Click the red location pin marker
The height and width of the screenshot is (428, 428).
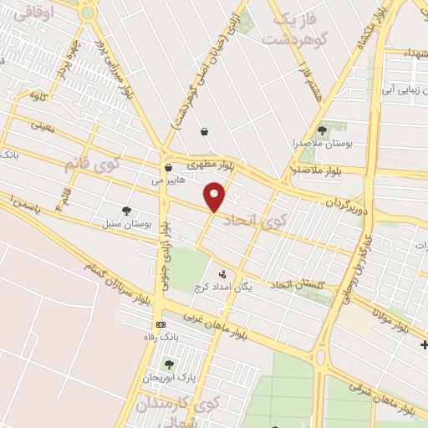coord(216,196)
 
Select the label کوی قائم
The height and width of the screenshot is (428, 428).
coord(93,164)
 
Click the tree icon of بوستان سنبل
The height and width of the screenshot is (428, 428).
coord(126,211)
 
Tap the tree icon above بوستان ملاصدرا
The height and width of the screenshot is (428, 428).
coord(322,130)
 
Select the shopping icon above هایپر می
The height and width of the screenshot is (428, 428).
coord(167,167)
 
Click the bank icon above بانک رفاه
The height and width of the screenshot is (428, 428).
coord(160,325)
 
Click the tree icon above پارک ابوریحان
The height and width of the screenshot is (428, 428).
coord(169,364)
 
